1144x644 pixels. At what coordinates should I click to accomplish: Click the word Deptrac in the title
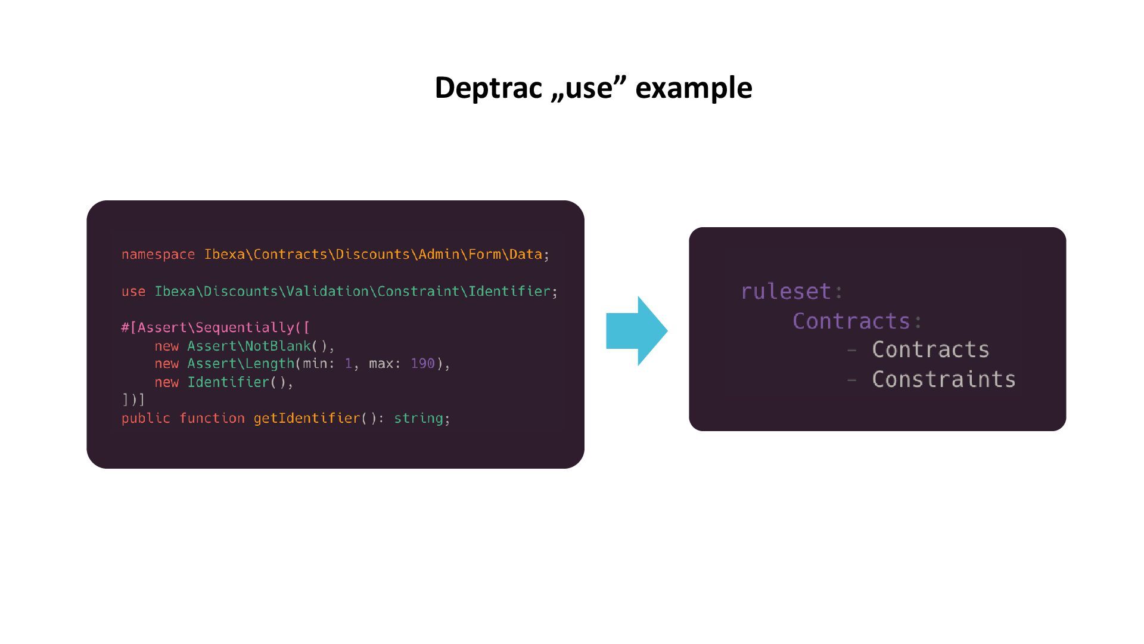(x=487, y=88)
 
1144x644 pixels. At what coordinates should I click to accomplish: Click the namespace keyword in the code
(x=158, y=255)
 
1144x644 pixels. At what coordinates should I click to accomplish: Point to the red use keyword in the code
(x=133, y=292)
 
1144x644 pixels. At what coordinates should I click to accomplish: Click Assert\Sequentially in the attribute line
(x=216, y=328)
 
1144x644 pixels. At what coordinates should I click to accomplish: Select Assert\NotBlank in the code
(x=249, y=346)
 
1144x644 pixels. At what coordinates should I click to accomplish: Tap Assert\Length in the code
(x=241, y=364)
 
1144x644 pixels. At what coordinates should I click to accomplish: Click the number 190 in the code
(x=422, y=364)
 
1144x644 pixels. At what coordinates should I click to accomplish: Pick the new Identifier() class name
(x=228, y=382)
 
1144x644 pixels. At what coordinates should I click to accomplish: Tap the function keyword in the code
(x=212, y=419)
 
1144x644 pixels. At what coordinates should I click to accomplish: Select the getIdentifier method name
(x=307, y=419)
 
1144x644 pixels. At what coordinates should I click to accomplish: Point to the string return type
(x=418, y=419)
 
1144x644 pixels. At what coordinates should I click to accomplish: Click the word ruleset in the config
(x=785, y=292)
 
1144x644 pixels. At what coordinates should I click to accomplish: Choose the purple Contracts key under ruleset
(x=851, y=321)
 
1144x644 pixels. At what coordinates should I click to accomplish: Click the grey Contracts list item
(x=930, y=350)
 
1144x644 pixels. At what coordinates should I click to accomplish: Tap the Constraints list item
(x=943, y=380)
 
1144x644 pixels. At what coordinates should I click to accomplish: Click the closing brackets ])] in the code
(x=133, y=400)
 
